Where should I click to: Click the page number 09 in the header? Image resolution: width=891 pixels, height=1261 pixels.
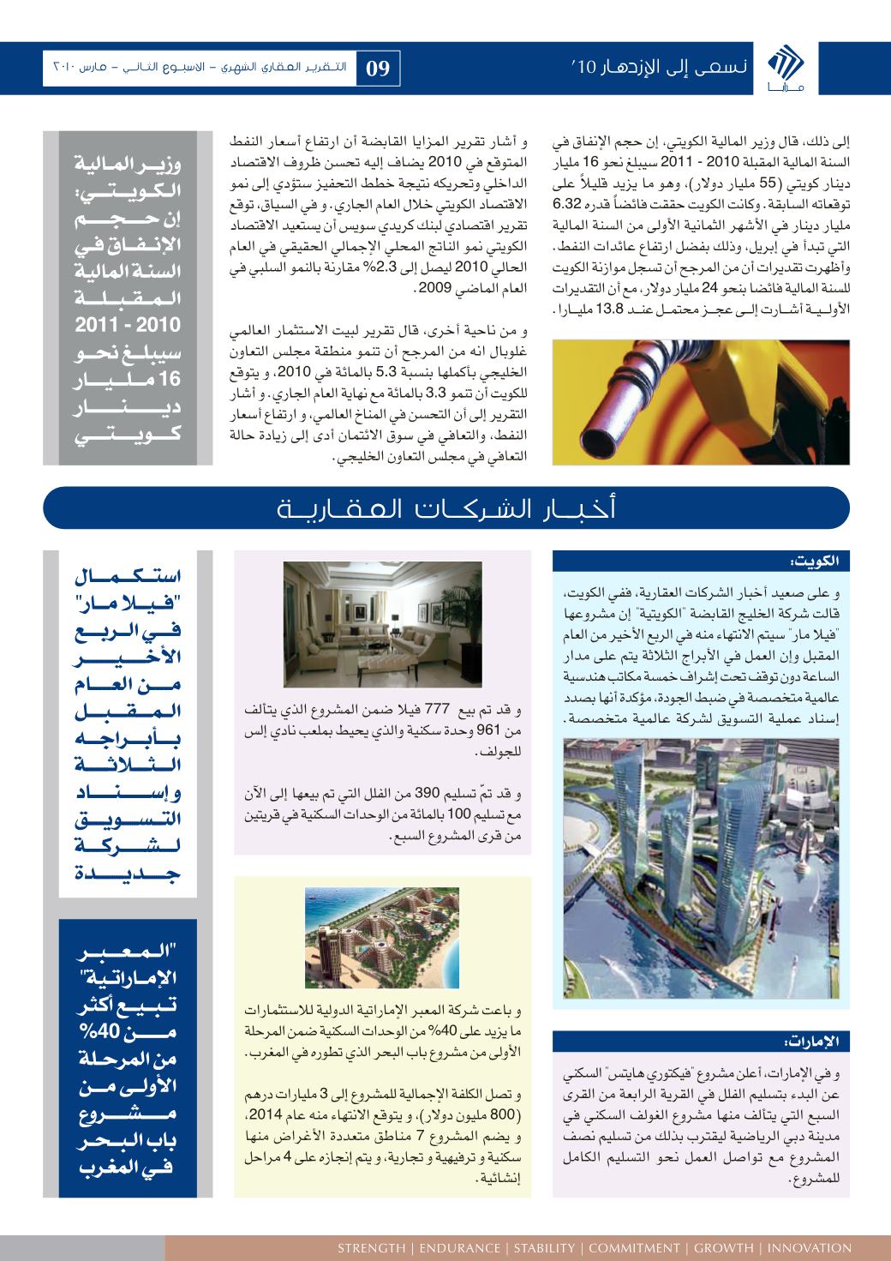[379, 68]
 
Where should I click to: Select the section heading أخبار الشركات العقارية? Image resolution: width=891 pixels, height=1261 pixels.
[445, 508]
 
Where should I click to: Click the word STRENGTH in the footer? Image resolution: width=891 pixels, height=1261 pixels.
[371, 1247]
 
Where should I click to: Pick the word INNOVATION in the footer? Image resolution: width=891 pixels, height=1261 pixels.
[810, 1247]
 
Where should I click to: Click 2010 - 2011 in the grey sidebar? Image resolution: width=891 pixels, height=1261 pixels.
[126, 327]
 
